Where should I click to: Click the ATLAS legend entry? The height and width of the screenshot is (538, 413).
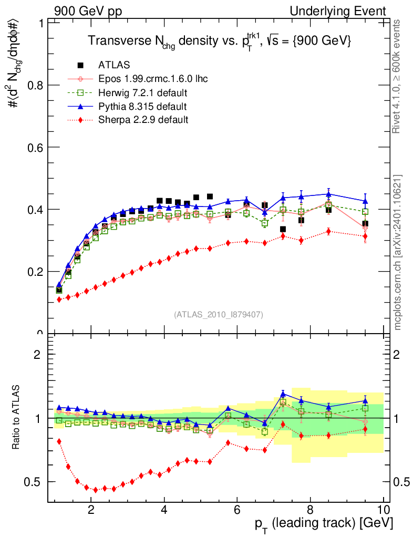(110, 66)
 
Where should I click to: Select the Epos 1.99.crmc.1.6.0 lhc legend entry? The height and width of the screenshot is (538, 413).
(153, 79)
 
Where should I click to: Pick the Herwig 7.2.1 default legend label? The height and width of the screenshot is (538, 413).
(143, 93)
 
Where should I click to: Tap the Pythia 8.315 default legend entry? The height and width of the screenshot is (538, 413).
(142, 107)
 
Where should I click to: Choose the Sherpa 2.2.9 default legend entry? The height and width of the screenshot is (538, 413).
(143, 120)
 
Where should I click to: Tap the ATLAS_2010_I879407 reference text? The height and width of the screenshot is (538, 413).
(219, 315)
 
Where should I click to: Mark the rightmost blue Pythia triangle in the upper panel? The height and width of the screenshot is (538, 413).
(365, 201)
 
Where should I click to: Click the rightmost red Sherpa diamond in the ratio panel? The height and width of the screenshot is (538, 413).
(365, 430)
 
